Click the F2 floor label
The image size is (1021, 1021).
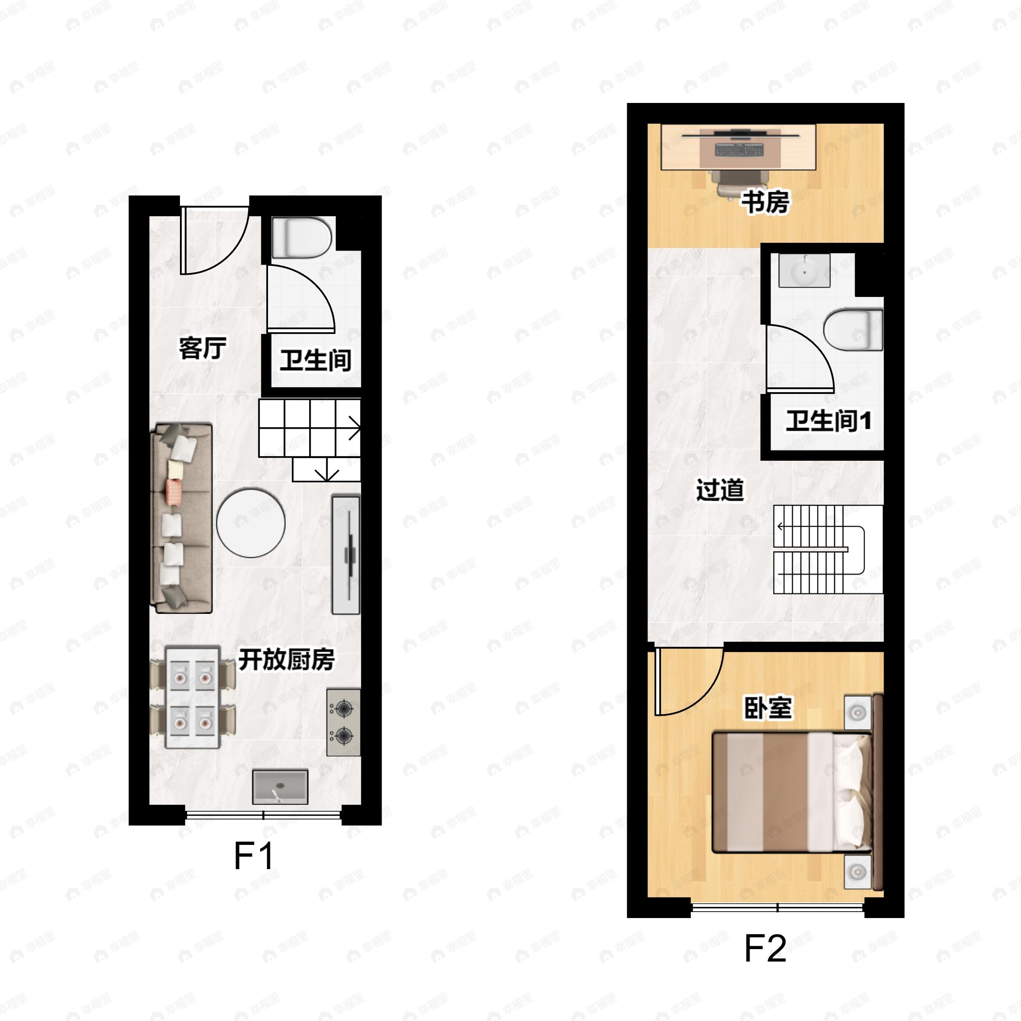coord(765,949)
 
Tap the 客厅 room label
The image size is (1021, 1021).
coord(202,348)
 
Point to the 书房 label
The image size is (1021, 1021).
coord(765,202)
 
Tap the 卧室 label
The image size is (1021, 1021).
coord(768,708)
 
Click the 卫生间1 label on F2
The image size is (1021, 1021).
coord(828,421)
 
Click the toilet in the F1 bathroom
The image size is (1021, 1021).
coord(301,237)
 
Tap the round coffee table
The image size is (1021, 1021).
coord(251,523)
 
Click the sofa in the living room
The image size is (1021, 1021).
coord(181,518)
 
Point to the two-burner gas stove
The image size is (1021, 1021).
coord(343,722)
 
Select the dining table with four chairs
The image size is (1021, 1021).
coord(192,696)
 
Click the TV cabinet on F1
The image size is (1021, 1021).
coord(346,554)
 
